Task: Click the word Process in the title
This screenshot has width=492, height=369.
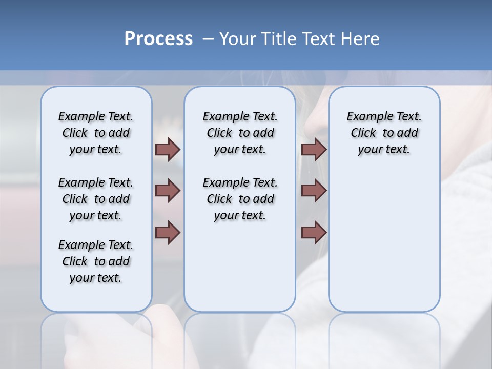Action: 158,39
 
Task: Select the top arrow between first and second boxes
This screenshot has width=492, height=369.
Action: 168,149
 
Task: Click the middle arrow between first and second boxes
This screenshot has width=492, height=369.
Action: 168,191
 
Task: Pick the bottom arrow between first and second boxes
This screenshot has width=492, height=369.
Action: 168,232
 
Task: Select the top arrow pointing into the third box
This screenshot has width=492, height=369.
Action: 314,149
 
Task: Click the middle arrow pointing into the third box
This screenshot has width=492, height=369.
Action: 314,191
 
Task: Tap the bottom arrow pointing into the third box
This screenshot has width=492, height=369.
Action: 314,232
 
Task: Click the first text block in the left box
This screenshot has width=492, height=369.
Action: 96,133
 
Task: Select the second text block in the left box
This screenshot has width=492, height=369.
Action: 96,199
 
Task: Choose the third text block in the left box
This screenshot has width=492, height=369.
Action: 96,261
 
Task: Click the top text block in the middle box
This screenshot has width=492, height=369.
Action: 240,133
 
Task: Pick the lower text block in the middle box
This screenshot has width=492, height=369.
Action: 240,199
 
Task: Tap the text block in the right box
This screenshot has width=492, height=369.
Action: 384,133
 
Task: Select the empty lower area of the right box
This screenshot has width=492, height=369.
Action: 384,241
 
